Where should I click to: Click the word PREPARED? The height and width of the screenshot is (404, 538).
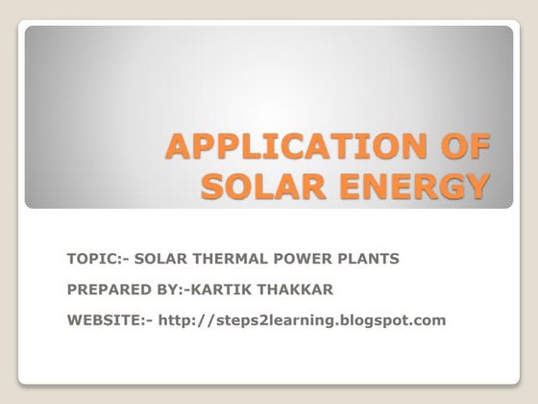(103, 290)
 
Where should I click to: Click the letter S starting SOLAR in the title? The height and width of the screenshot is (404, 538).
(213, 186)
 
